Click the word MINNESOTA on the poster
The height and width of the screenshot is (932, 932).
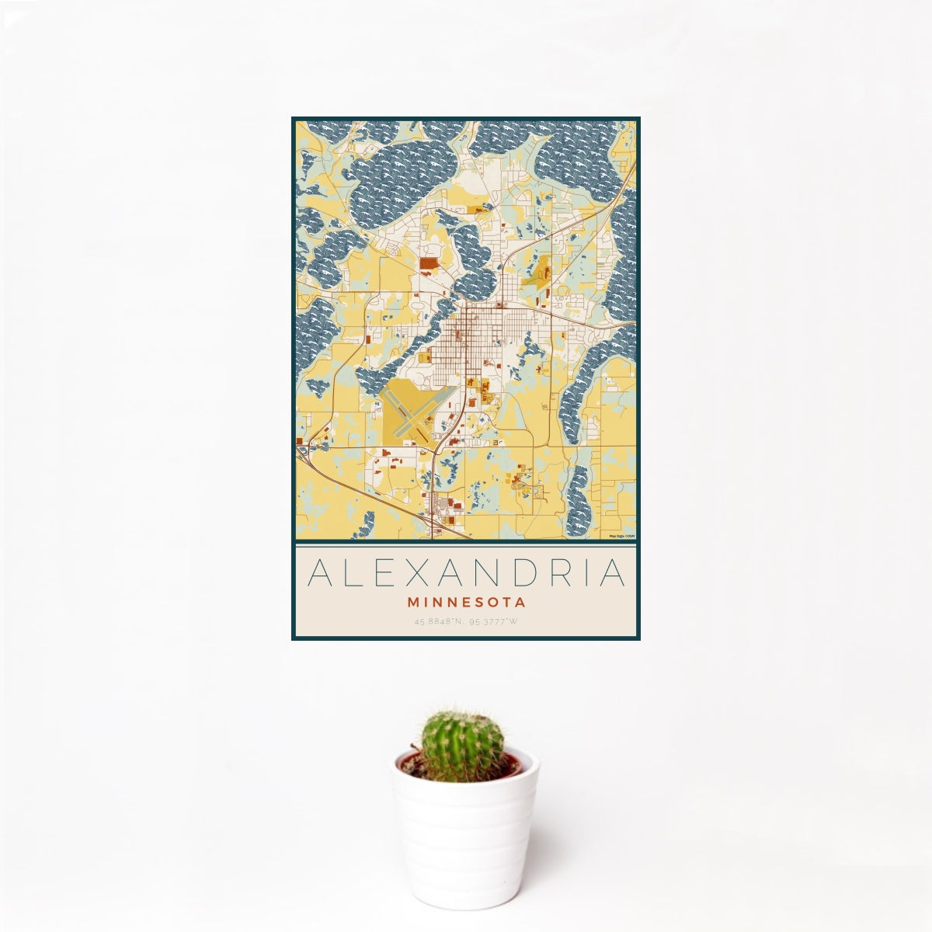click(x=466, y=602)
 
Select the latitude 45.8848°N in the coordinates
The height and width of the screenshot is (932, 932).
click(x=440, y=621)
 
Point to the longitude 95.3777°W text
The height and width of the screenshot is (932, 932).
click(x=492, y=621)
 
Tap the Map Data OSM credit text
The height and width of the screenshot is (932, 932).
click(x=621, y=536)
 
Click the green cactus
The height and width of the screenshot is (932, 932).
click(x=462, y=744)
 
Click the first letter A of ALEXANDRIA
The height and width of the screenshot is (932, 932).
click(x=318, y=573)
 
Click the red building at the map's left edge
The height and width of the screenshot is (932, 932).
click(x=299, y=442)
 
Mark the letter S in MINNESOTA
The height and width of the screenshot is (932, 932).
click(x=478, y=602)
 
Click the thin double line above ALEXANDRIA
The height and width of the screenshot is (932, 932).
click(x=466, y=546)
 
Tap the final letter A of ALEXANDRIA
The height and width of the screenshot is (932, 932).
click(x=613, y=573)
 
